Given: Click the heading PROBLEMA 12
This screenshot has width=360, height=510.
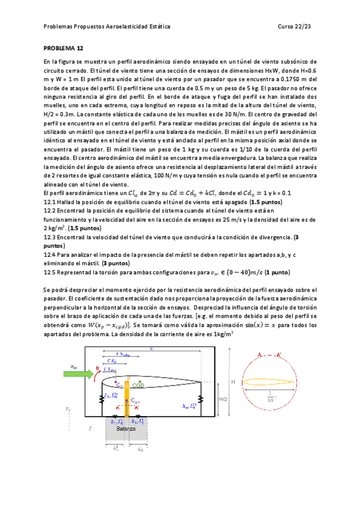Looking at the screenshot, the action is pos(63,47).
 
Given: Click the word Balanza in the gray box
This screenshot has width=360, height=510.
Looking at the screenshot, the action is pos(126,430).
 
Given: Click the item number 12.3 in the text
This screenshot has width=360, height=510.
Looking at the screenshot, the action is pos(50,238).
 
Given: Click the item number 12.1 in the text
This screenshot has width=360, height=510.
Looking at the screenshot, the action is pos(50,201).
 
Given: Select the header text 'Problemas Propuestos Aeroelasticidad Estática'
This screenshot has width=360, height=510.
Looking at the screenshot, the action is pos(107,27).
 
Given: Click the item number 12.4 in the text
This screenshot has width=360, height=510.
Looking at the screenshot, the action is pos(50,255).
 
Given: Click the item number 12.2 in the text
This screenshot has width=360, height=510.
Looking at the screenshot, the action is pos(50,210).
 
